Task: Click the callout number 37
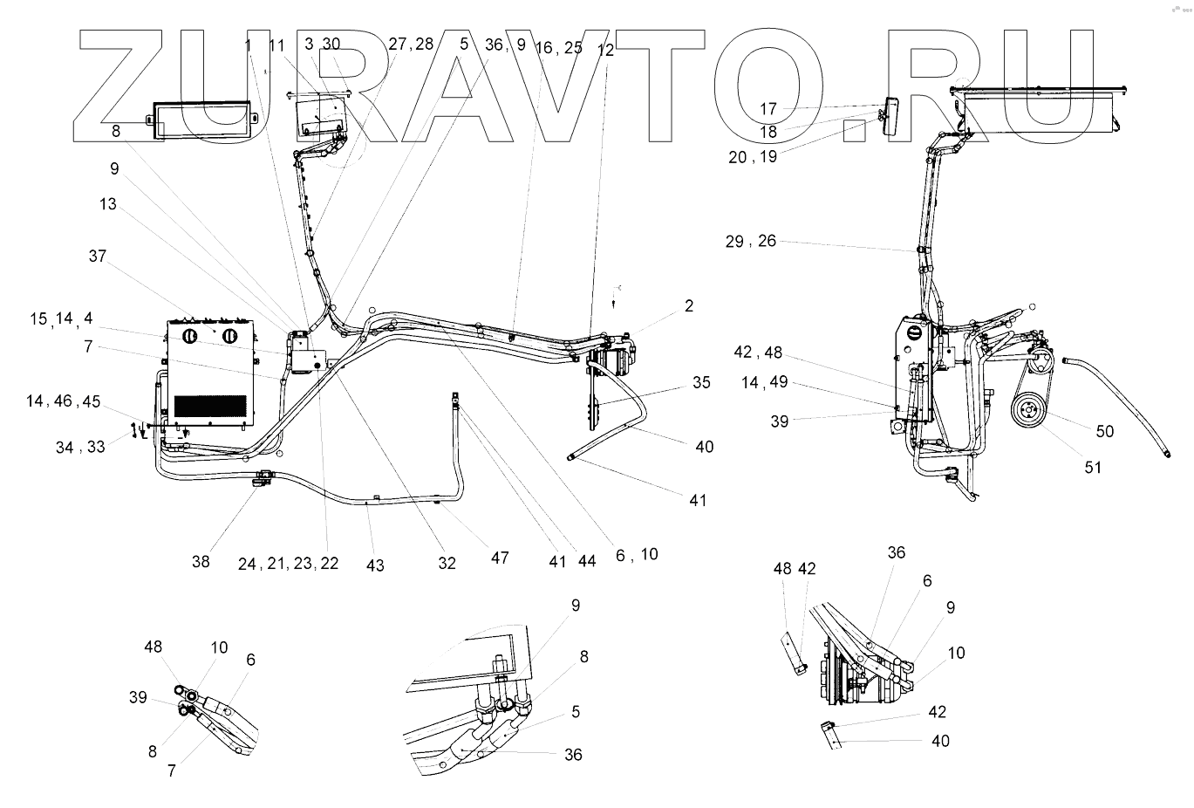click(x=97, y=257)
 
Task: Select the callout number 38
click(x=201, y=562)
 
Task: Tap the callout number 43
click(x=375, y=565)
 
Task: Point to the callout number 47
click(x=499, y=558)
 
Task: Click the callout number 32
click(x=447, y=564)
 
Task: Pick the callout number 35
click(x=702, y=382)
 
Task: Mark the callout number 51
click(x=1093, y=468)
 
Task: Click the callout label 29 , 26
click(x=750, y=242)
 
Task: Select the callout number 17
click(x=768, y=110)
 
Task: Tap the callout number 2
click(x=688, y=305)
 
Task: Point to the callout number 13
click(x=107, y=204)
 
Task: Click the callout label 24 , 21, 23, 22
click(x=288, y=564)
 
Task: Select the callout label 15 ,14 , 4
click(x=61, y=319)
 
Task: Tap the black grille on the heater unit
click(x=210, y=406)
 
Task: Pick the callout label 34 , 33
click(x=80, y=448)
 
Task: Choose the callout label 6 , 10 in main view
click(x=637, y=554)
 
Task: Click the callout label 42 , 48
click(x=758, y=353)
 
